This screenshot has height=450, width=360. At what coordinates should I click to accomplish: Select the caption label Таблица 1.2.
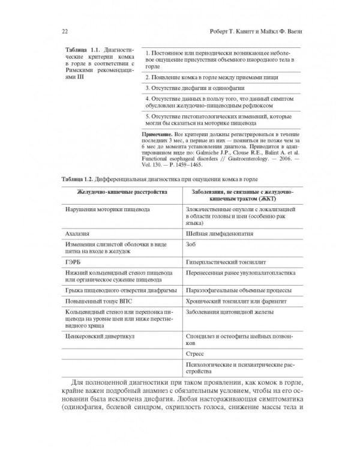click(82, 178)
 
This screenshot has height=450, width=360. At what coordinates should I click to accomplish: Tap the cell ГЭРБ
click(73, 262)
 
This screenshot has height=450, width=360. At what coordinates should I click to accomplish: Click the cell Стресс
click(196, 355)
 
